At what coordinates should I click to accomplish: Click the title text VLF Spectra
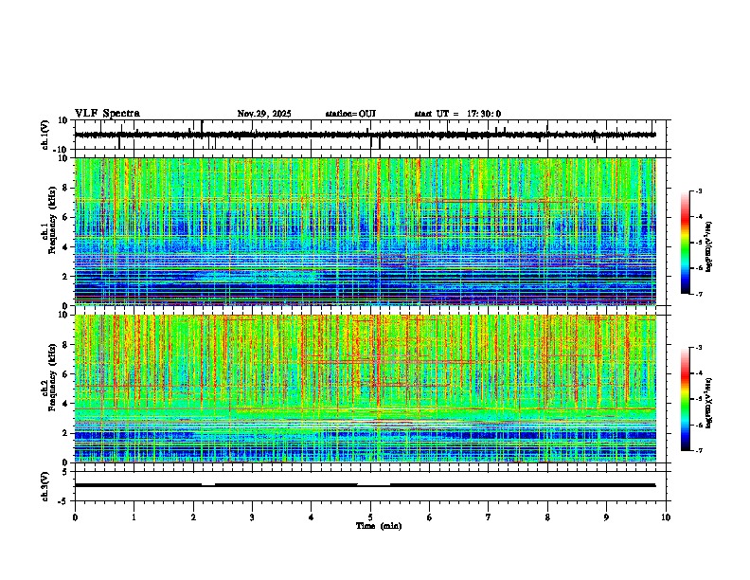(x=107, y=114)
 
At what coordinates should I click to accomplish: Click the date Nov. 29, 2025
(x=264, y=114)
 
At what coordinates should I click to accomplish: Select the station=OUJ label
(x=350, y=114)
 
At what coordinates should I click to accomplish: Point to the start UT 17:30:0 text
(x=457, y=114)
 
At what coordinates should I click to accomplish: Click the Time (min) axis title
(x=378, y=525)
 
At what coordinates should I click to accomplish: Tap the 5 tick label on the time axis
(x=370, y=517)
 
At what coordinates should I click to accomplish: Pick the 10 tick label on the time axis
(x=666, y=517)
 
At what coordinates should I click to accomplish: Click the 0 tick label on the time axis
(x=75, y=517)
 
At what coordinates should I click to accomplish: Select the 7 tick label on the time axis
(x=489, y=517)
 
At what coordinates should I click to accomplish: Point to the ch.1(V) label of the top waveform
(x=45, y=135)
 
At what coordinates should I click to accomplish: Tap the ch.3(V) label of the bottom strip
(x=45, y=484)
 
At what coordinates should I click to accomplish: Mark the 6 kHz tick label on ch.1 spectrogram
(x=66, y=217)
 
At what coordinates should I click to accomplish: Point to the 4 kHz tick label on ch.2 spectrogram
(x=66, y=403)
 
